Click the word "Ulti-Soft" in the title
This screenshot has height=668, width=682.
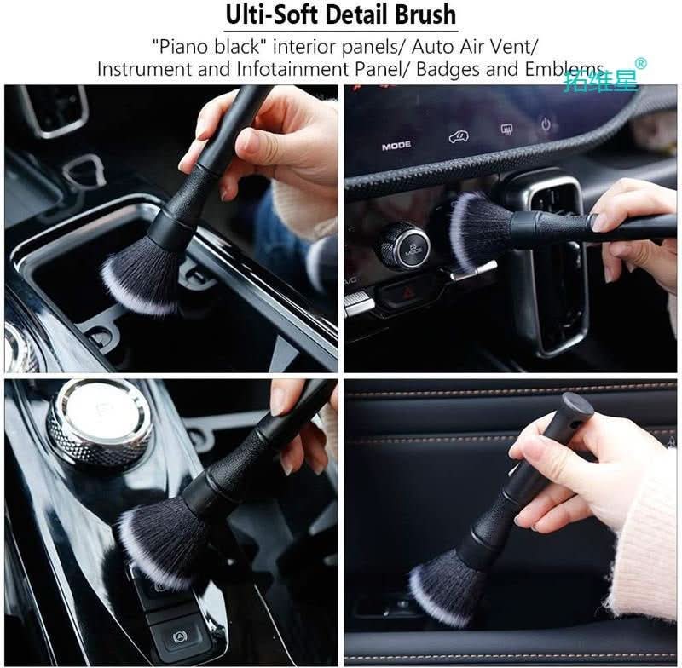coord(264,14)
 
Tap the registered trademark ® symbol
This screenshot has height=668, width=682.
coord(641,63)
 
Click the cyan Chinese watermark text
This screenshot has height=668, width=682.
coord(600,80)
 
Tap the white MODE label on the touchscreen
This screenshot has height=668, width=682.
coord(396,146)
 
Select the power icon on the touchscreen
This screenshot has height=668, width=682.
coord(546,125)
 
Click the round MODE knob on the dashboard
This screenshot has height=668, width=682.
coord(403,245)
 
